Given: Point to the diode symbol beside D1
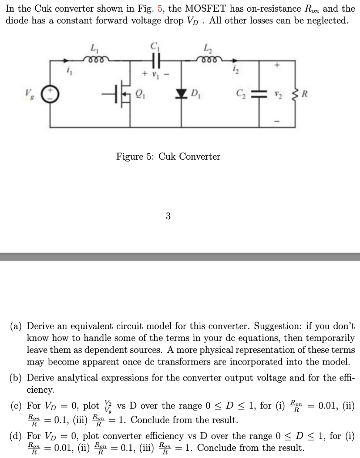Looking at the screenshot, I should pyautogui.click(x=182, y=94).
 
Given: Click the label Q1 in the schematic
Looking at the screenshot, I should pyautogui.click(x=140, y=94).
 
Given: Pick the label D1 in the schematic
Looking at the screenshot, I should pyautogui.click(x=195, y=94).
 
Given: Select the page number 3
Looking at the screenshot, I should pyautogui.click(x=168, y=216).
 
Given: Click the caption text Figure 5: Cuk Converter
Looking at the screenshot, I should pyautogui.click(x=168, y=157).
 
